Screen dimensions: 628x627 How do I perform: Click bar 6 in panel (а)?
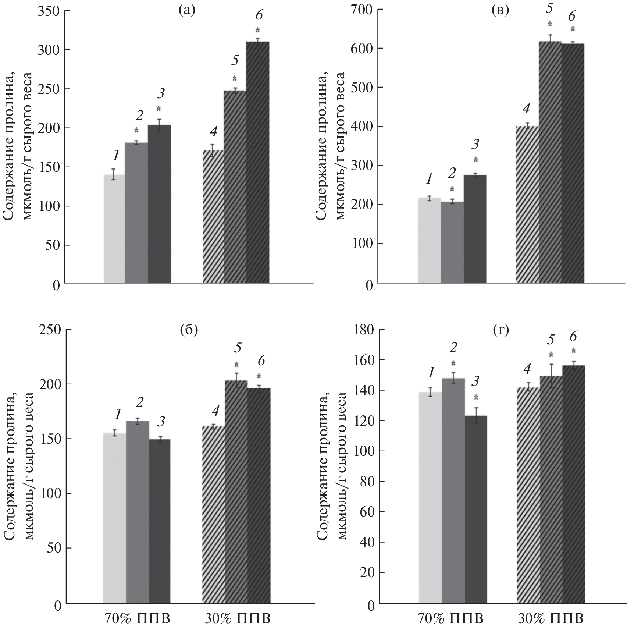click(x=257, y=162)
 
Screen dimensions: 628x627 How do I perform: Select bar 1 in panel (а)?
click(x=114, y=228)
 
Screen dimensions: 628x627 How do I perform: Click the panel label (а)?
click(x=186, y=10)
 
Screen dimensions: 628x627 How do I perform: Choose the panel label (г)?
click(x=501, y=330)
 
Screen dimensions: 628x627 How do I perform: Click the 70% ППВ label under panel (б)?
click(x=136, y=618)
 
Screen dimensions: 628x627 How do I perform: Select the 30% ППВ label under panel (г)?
click(x=551, y=618)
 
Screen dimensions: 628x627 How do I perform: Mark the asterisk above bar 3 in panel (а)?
click(x=159, y=109)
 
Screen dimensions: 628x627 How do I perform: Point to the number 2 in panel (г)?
click(x=453, y=347)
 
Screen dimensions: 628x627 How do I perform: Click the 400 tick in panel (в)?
click(x=362, y=126)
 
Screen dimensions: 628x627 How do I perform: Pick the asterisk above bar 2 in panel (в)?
click(x=452, y=189)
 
